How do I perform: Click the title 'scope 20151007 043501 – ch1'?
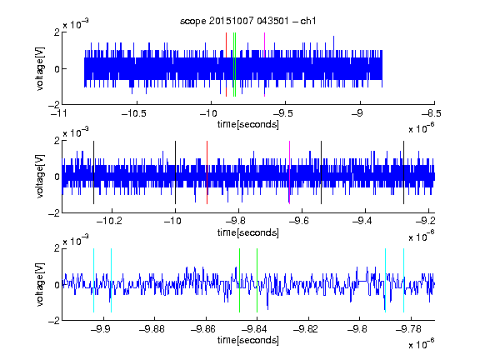tap(247, 21)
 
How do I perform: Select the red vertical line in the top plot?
tap(226, 65)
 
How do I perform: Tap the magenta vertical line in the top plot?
tap(264, 65)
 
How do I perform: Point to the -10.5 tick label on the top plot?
tap(134, 113)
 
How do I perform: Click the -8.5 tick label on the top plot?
tap(432, 113)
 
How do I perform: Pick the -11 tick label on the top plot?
tap(59, 113)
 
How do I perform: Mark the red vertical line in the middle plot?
tap(207, 172)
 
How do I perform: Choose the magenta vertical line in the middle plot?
tap(289, 172)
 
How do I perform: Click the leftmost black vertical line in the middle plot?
tap(93, 172)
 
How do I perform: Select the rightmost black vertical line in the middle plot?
tap(403, 172)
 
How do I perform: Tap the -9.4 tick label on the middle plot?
tap(362, 221)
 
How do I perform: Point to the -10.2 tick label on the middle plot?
tap(109, 221)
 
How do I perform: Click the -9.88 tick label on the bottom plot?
tap(152, 329)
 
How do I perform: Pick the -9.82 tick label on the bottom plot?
tap(306, 329)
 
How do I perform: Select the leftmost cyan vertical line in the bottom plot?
tap(93, 280)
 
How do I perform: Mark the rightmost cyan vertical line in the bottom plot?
tap(403, 280)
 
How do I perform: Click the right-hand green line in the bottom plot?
tap(257, 280)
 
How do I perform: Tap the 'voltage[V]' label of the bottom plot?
tap(40, 284)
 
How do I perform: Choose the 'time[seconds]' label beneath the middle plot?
tap(248, 232)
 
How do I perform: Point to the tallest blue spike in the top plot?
tap(333, 46)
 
